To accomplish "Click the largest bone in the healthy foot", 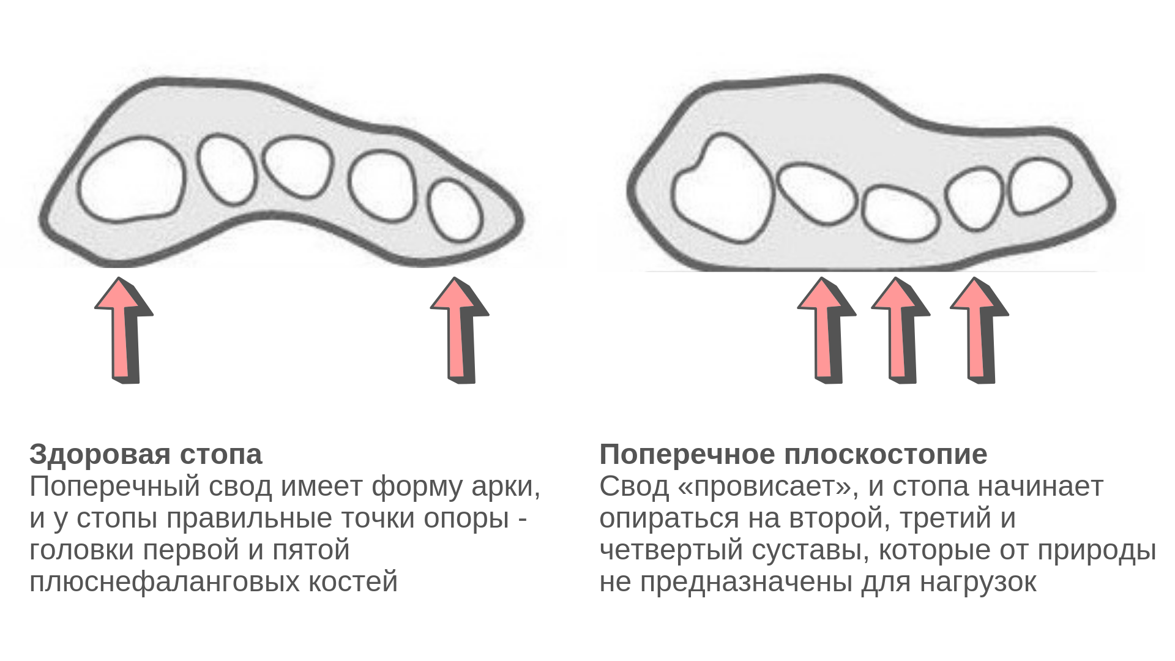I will coord(131,179).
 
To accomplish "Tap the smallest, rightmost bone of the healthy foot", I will coord(455,211).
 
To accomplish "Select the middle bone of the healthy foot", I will coord(298,166).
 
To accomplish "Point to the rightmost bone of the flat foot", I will coord(1040,186).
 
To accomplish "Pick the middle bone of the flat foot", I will coord(900,213).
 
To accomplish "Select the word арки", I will coord(505,487).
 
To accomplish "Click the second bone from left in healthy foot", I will coord(226,170).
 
